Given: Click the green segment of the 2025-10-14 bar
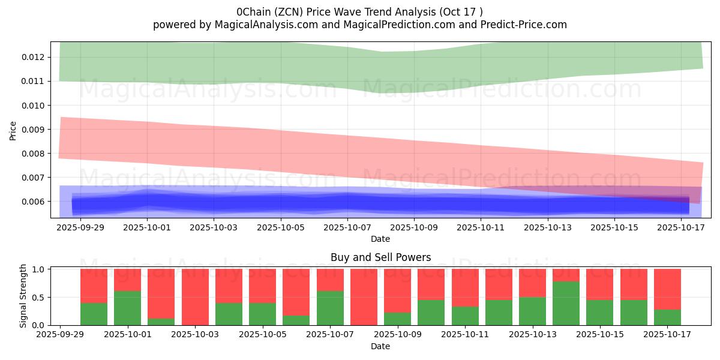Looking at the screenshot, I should [x=566, y=303].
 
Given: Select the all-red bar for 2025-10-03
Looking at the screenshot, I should [x=195, y=297].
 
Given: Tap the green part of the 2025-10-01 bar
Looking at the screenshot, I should [x=127, y=308].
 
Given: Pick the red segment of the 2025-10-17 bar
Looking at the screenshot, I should [x=667, y=289].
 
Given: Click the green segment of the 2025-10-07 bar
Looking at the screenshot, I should [x=330, y=308].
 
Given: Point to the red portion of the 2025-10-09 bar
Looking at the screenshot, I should [x=397, y=290].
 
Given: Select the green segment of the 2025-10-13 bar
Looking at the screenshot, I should [x=532, y=311].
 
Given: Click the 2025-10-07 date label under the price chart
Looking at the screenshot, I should [x=347, y=228].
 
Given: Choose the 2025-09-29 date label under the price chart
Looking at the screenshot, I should [x=80, y=228].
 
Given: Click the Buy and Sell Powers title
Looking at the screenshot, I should [x=380, y=257].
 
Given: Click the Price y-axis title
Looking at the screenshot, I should [x=13, y=130].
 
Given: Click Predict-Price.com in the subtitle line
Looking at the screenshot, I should [x=525, y=25].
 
